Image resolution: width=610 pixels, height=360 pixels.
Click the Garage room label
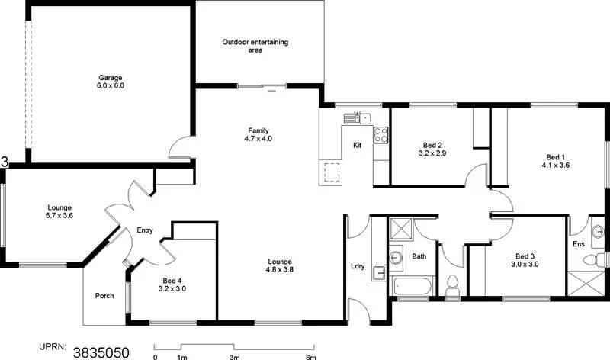[111, 82]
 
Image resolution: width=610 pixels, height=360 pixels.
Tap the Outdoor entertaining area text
[255, 46]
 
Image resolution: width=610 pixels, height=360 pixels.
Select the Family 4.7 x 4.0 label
[258, 134]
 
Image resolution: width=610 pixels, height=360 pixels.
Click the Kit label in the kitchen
[357, 145]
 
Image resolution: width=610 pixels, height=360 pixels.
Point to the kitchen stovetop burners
[381, 137]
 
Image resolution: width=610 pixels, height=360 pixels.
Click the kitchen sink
[356, 117]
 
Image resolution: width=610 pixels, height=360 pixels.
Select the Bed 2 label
[432, 149]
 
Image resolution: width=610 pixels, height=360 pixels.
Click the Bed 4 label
[172, 284]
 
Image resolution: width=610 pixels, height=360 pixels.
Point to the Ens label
[579, 244]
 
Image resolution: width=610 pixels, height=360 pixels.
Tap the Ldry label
[358, 266]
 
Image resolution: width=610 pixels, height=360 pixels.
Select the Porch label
[104, 296]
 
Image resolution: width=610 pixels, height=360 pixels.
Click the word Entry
[145, 230]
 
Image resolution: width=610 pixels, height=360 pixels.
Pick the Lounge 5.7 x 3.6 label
[59, 211]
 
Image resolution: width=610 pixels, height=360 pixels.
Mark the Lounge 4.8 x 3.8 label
[279, 265]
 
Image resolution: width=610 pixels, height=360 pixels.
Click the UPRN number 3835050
[101, 352]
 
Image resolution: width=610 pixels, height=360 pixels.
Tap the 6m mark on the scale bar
[310, 356]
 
